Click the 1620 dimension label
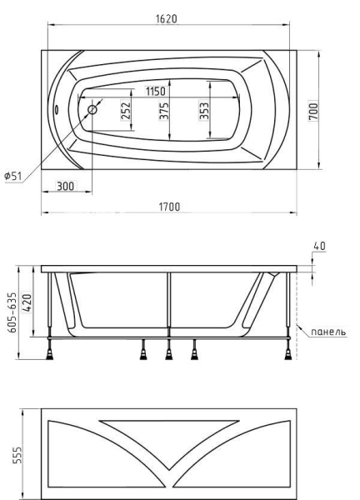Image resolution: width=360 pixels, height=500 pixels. coord(167,19)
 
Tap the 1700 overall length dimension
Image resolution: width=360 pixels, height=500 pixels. coord(169,207)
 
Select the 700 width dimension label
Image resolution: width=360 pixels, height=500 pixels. coord(313,110)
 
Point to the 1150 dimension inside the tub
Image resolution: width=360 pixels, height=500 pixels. coord(156,92)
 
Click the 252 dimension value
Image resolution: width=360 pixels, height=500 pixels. coord(126,110)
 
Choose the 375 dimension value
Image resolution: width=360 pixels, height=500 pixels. coord(164,110)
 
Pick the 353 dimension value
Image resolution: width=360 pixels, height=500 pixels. coord(204,110)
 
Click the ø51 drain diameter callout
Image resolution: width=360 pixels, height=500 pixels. coord(13,176)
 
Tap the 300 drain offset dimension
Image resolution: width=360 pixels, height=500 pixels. coord(65,186)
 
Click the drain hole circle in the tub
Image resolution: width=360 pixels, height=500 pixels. coord(92,110)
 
